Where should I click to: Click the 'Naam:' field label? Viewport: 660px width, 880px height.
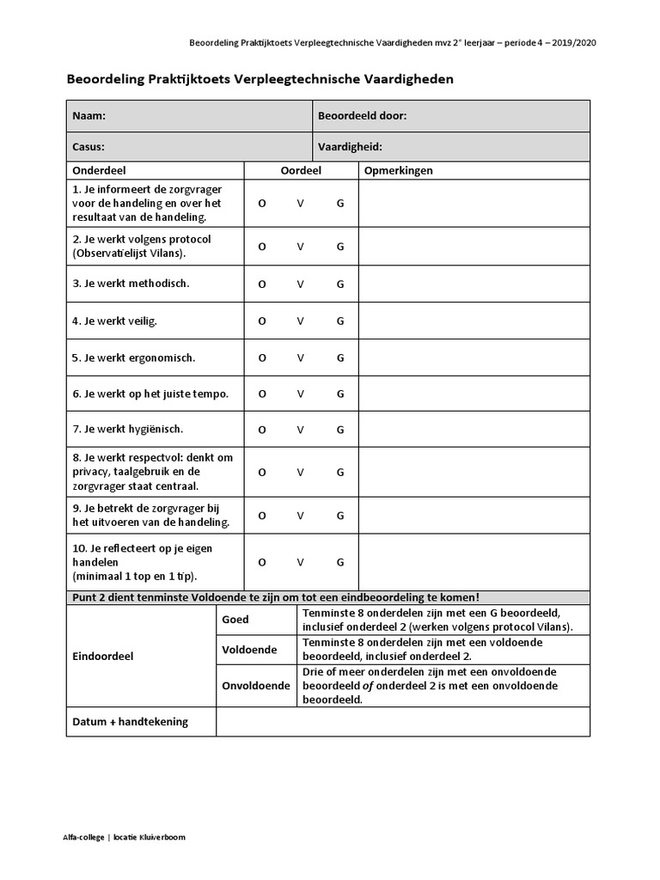(89, 116)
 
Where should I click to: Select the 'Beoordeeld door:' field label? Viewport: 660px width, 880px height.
(362, 116)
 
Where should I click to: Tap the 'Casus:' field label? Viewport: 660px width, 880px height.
(89, 147)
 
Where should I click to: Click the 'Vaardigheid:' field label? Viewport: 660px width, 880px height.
(350, 147)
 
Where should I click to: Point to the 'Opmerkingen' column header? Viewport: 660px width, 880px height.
(399, 170)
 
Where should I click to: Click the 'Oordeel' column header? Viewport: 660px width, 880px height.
(301, 170)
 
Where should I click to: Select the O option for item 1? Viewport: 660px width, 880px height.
(262, 204)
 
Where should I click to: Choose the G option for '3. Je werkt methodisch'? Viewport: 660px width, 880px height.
(340, 284)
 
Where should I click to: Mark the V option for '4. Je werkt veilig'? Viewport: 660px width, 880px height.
(301, 321)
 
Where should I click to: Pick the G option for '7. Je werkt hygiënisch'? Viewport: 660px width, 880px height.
(340, 430)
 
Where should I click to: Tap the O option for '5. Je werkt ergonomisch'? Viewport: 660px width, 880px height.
(262, 357)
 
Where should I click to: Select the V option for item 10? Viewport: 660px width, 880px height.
(301, 562)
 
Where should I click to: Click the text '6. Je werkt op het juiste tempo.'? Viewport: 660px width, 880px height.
(150, 394)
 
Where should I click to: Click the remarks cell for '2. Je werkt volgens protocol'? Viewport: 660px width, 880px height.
(474, 246)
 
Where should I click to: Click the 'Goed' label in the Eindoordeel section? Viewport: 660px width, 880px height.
(235, 620)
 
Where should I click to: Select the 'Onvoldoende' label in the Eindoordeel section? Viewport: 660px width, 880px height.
(256, 686)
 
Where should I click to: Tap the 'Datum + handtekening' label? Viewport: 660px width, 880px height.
(130, 722)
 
